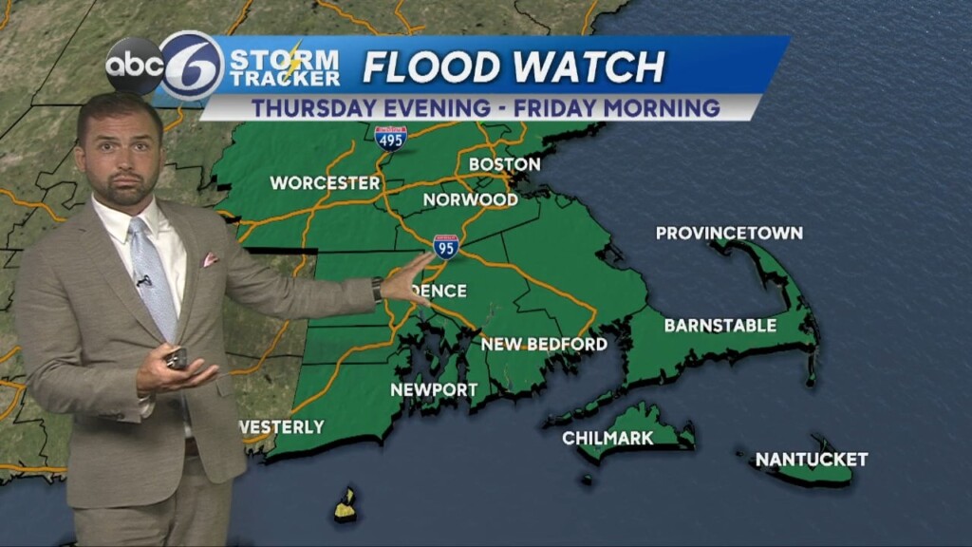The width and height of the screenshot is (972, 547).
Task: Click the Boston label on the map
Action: point(504,164)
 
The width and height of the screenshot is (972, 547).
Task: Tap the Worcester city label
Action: point(325,182)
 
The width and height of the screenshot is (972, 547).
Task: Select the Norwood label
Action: point(470,199)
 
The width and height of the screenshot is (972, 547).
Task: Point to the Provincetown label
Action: point(729,233)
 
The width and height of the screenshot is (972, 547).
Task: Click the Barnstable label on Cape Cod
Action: point(720,326)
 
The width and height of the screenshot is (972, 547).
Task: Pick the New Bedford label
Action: point(544,344)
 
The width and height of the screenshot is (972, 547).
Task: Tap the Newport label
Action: point(434,390)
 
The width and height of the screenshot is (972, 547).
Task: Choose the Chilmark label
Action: point(607,438)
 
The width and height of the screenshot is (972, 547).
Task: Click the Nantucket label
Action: point(811,460)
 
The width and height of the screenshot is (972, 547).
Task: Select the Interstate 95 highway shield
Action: point(446,246)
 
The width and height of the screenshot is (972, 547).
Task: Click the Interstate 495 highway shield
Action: point(391,139)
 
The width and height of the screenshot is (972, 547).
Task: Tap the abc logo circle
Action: point(134,66)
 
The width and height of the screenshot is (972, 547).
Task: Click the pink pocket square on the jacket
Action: point(209,259)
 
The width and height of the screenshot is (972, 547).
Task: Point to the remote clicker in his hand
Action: point(177,358)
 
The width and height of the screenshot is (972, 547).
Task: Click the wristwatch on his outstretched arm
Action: point(377,290)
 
